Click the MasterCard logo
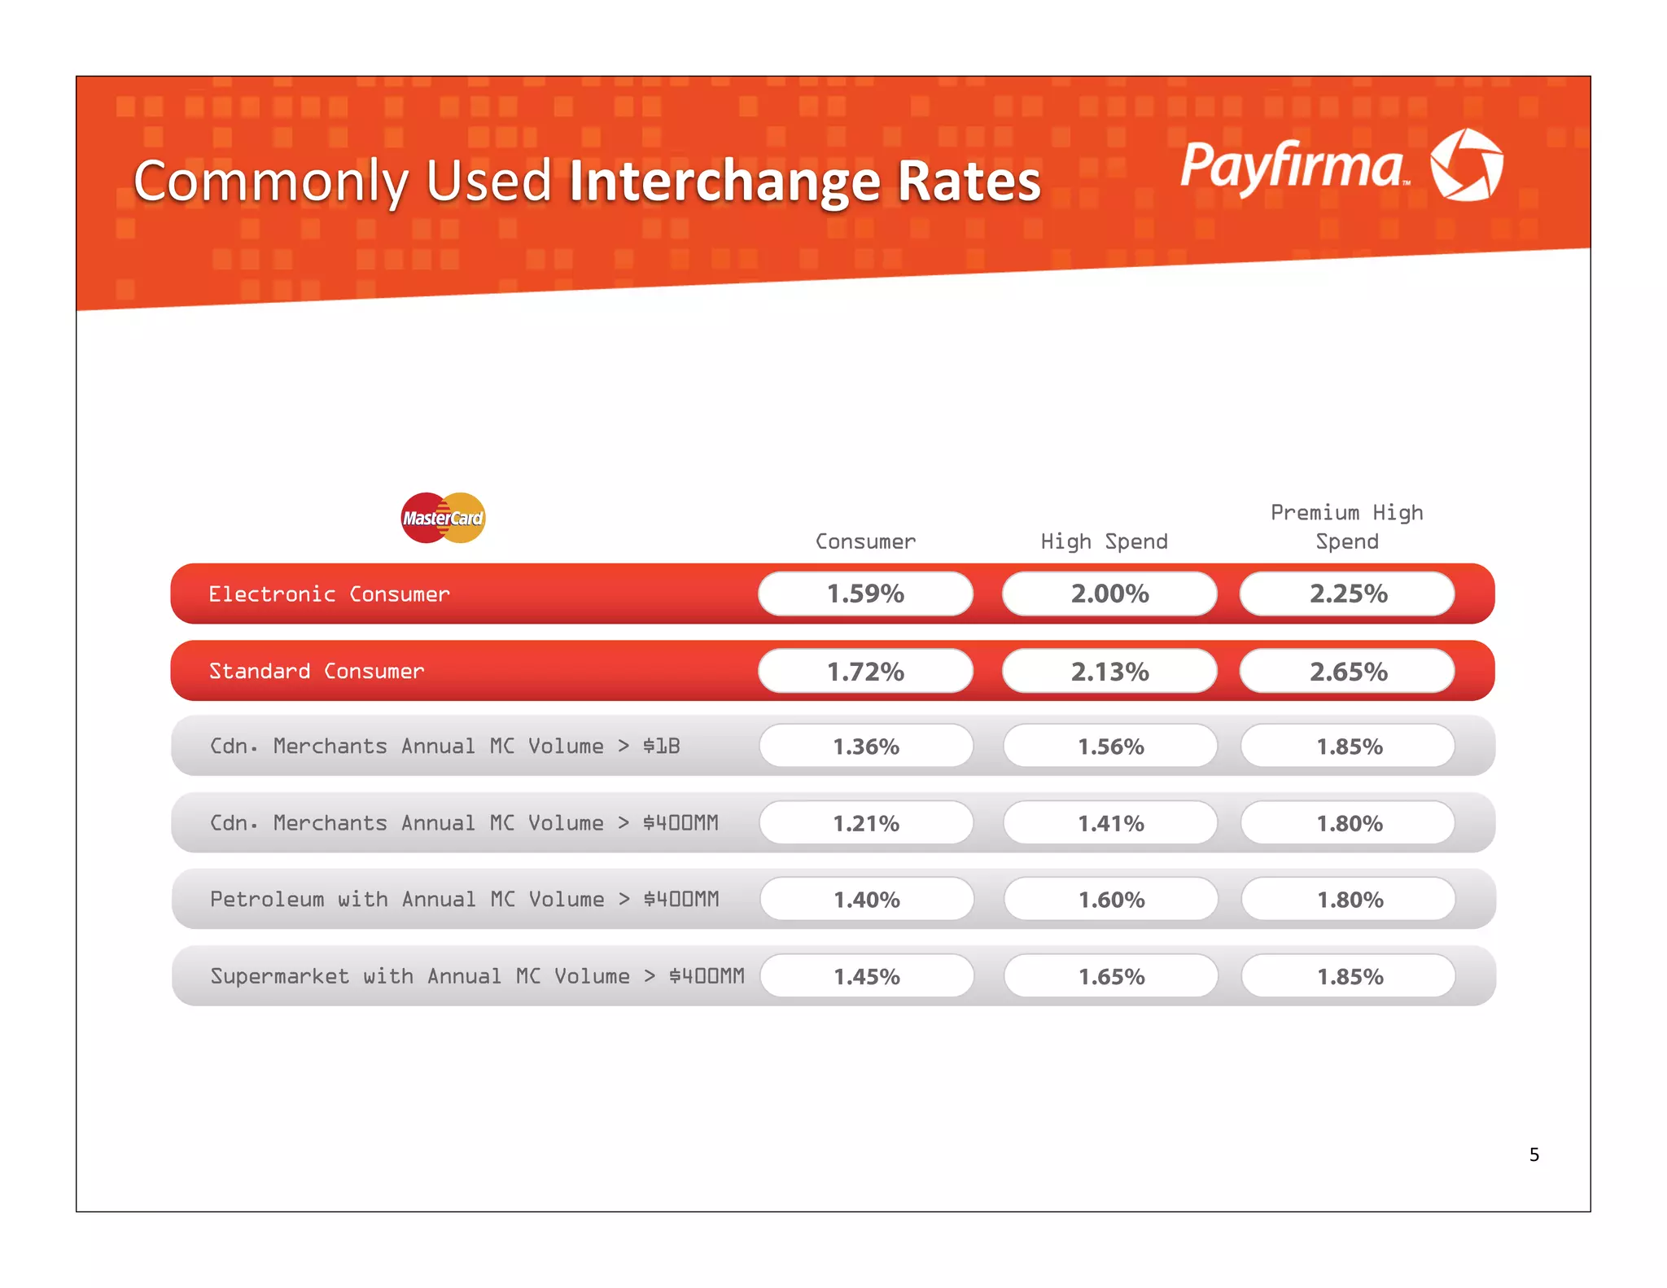(443, 518)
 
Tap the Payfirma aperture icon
(1467, 164)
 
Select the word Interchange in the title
(724, 181)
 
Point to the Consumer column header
(865, 541)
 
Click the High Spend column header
(1104, 541)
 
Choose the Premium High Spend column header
(1346, 527)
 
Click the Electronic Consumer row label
(329, 594)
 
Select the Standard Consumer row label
(317, 671)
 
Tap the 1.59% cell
(865, 594)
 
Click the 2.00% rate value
(1109, 594)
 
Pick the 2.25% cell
(1348, 594)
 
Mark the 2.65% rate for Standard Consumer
(1348, 672)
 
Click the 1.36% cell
(866, 747)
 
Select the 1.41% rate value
(1110, 823)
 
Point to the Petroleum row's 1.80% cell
(1350, 900)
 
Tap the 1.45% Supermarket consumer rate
(867, 976)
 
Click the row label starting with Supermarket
(477, 976)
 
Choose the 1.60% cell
(1111, 900)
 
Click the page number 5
(1534, 1154)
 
